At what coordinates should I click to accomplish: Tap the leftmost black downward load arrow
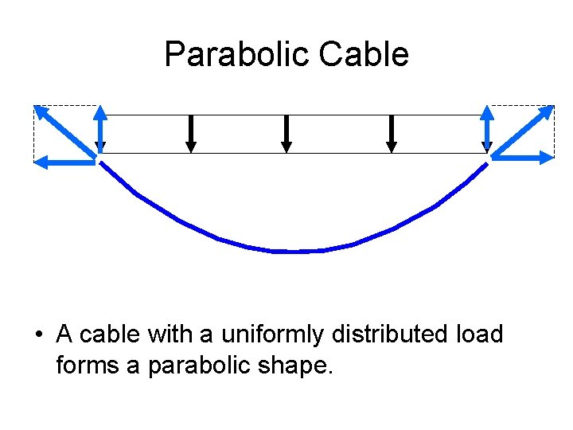point(191,133)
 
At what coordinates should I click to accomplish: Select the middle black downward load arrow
point(286,133)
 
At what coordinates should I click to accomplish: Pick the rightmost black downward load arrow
point(391,133)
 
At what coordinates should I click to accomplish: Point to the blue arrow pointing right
point(523,158)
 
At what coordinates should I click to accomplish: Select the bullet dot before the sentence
point(38,334)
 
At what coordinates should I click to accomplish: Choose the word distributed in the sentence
point(385,334)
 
